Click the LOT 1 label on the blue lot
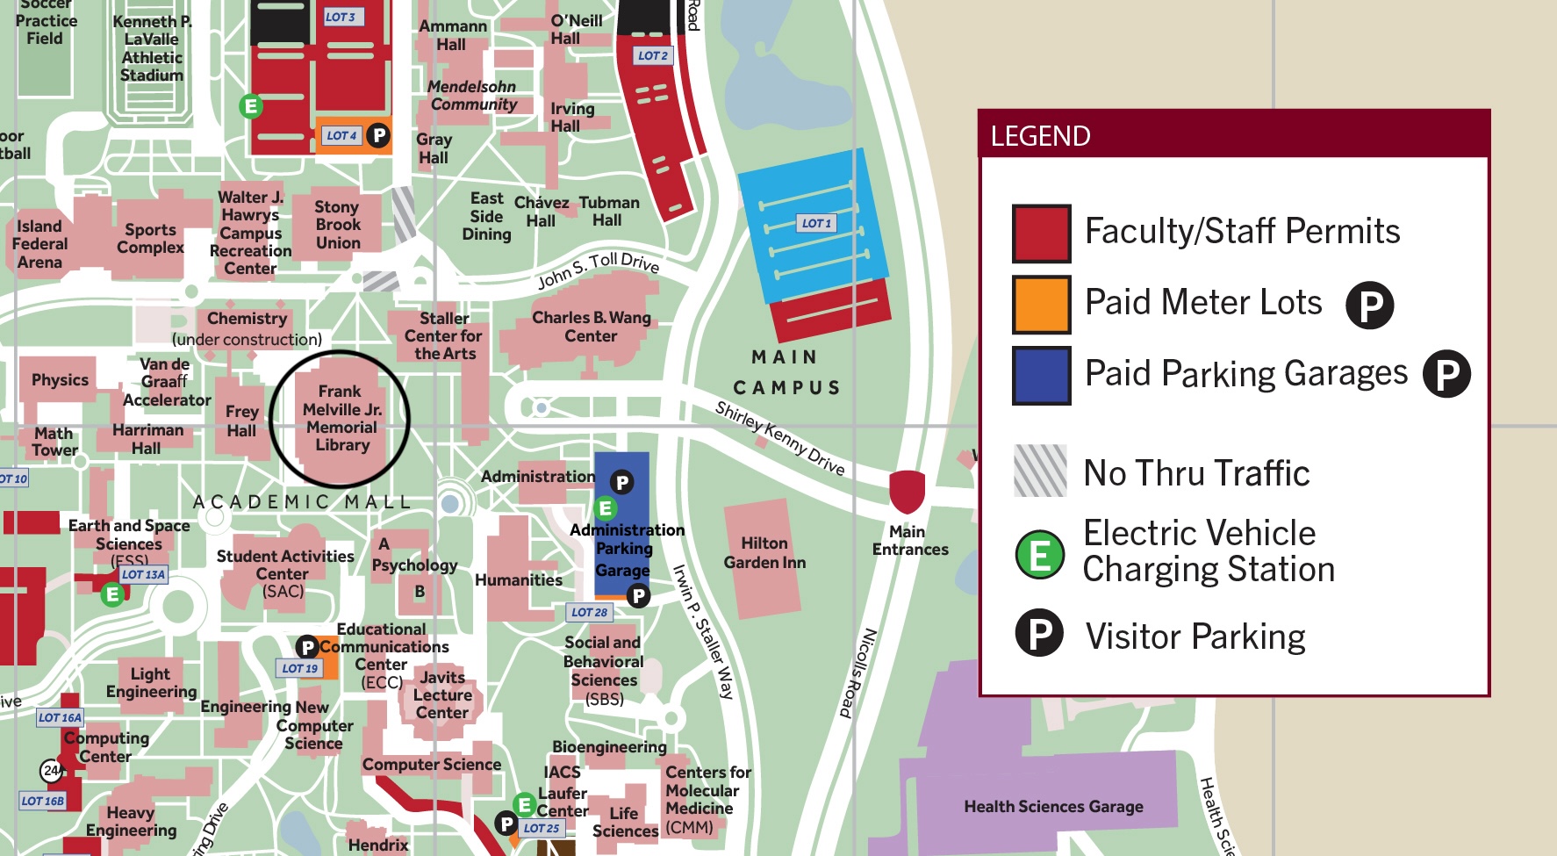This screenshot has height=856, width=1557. [816, 223]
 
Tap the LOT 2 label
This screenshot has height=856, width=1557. [652, 55]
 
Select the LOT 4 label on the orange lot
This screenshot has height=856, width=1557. [341, 135]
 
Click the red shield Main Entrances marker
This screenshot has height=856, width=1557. [907, 491]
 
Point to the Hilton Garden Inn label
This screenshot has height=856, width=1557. [764, 553]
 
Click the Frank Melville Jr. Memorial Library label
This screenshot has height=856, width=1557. [341, 419]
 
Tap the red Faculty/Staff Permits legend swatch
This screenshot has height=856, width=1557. [1041, 234]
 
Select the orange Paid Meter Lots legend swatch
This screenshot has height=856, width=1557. [1041, 305]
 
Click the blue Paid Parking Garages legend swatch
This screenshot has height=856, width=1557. [1041, 376]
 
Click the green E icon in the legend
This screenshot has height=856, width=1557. [1039, 555]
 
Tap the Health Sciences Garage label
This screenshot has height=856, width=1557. [1053, 806]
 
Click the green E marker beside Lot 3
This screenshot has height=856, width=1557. [251, 107]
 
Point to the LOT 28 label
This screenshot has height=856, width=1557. [589, 612]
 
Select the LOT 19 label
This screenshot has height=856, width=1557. [299, 668]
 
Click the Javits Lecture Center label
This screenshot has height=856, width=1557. [442, 694]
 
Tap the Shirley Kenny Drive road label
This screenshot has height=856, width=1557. [779, 438]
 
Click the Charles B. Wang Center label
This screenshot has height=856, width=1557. [591, 327]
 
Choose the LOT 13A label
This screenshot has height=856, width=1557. [143, 574]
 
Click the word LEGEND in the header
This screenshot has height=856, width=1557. [1040, 136]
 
